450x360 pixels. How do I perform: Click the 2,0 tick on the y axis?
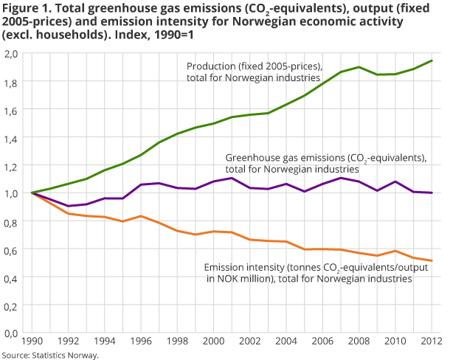(11, 54)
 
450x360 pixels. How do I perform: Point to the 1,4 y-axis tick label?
(11, 137)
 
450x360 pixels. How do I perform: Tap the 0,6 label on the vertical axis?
(11, 249)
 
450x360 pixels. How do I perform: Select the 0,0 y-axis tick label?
(11, 333)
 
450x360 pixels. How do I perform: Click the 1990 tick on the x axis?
(31, 342)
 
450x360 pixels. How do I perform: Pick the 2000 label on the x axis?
(213, 342)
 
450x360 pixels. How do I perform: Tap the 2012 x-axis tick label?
(432, 342)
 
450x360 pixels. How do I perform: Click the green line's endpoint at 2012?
(432, 60)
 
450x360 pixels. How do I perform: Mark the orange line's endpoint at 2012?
(432, 260)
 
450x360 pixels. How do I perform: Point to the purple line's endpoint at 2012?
(432, 193)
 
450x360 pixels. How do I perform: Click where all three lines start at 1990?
(32, 193)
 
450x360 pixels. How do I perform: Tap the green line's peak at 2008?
(359, 67)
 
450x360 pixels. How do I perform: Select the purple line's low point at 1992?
(68, 206)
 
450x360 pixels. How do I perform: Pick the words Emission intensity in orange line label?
(244, 267)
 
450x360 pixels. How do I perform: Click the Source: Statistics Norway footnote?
(49, 355)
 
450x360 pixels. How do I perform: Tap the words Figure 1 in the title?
(24, 9)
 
